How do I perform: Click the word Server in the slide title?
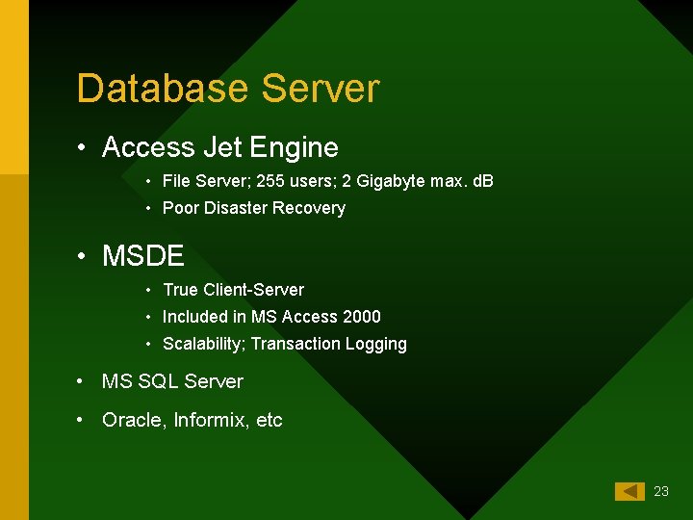[x=321, y=89]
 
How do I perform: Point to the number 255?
[x=259, y=181]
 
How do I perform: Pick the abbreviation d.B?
[x=480, y=181]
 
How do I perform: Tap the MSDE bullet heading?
[x=142, y=256]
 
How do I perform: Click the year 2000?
[x=361, y=317]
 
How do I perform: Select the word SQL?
[x=158, y=381]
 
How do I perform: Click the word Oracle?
[x=133, y=420]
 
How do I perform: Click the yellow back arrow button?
[x=629, y=491]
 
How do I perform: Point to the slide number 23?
[x=660, y=491]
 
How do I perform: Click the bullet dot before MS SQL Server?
[x=83, y=381]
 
